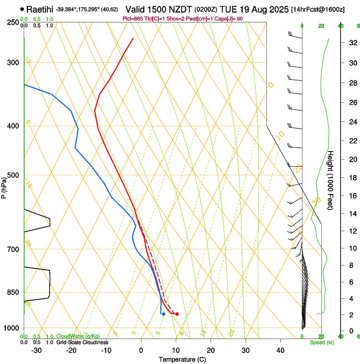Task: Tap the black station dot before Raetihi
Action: [22, 9]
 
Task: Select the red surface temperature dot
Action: [177, 314]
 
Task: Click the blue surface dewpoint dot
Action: [163, 314]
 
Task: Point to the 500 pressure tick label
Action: [13, 175]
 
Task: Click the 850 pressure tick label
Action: [13, 292]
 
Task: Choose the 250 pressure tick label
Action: [13, 22]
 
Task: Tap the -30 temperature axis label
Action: [36, 350]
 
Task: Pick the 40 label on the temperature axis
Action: [280, 350]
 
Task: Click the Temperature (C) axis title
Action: [182, 359]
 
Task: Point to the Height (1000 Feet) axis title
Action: [331, 180]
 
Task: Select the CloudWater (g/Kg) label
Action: [78, 336]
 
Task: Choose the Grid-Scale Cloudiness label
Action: [82, 342]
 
